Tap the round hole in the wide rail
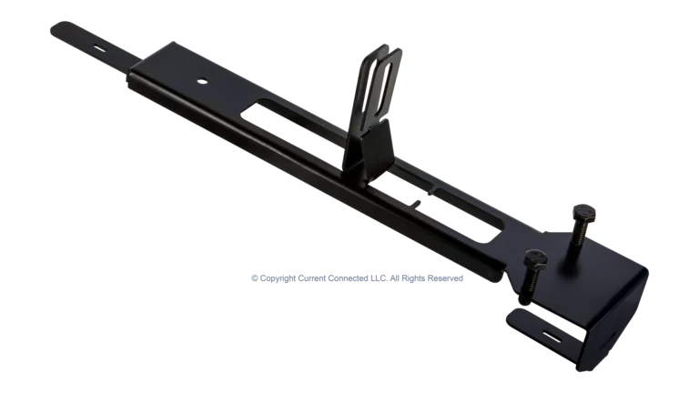[x=199, y=80]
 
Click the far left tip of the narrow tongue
[x=47, y=29]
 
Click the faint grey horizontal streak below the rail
[x=355, y=274]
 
